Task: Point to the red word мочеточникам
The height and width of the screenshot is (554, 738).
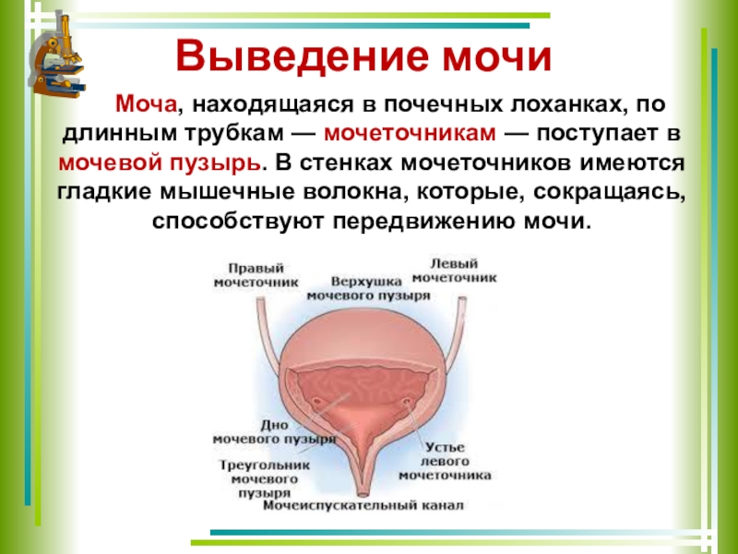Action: tap(411, 135)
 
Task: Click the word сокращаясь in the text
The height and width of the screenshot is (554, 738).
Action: tap(616, 192)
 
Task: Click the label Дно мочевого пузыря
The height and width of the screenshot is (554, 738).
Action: tap(273, 432)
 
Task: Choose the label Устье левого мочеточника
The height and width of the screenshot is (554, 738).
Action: tap(445, 459)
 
